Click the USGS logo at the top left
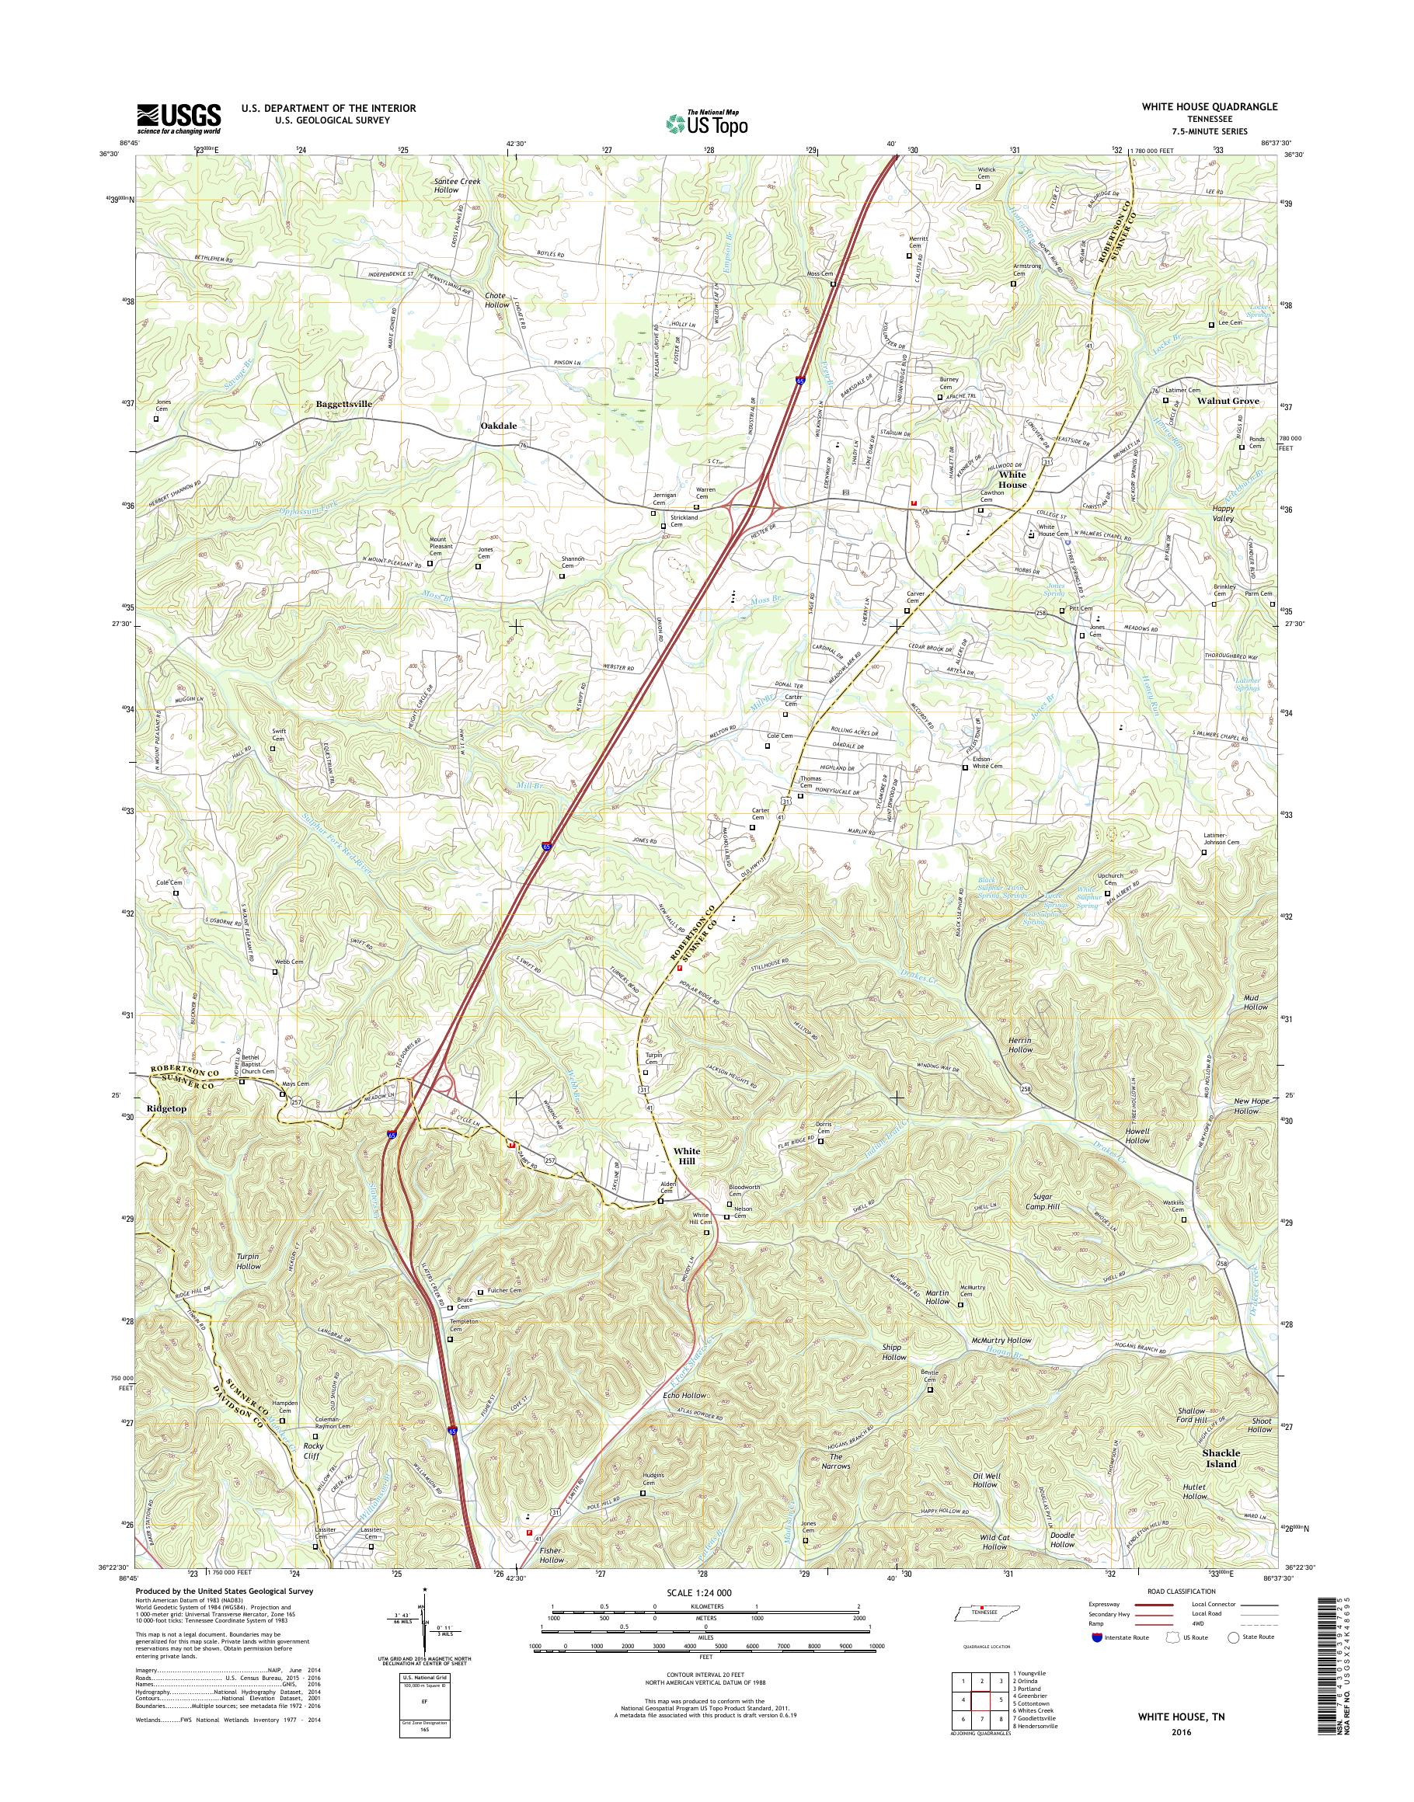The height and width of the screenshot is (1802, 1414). pos(179,118)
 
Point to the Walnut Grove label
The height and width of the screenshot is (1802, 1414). pos(1228,401)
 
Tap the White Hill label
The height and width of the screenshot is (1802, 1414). pos(686,1157)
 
